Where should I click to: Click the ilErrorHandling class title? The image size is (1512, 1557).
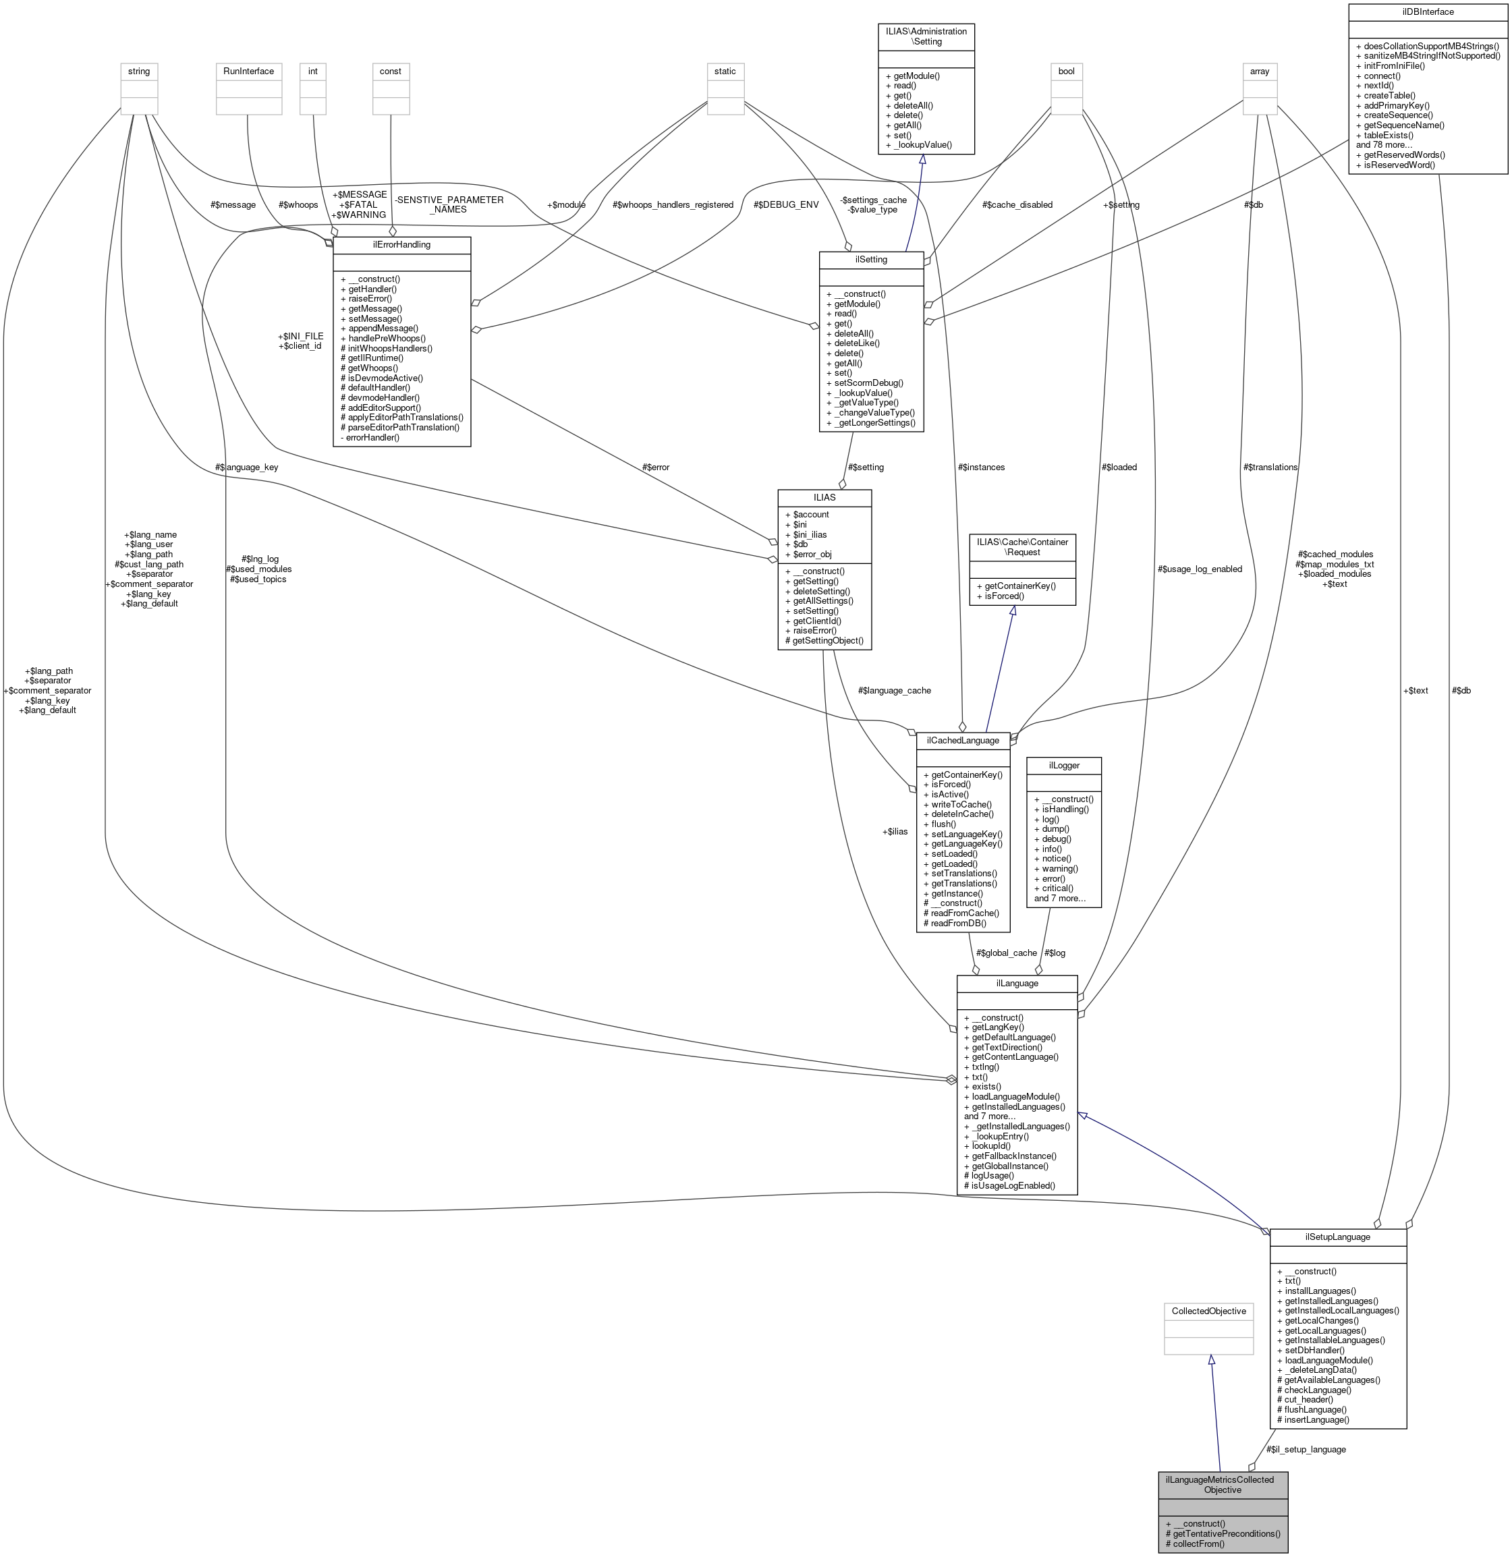pyautogui.click(x=401, y=245)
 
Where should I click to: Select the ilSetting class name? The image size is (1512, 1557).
pyautogui.click(x=871, y=260)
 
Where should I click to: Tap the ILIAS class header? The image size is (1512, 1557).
pyautogui.click(x=824, y=497)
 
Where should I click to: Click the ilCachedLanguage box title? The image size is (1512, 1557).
pyautogui.click(x=962, y=740)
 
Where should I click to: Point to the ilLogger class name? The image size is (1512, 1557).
pyautogui.click(x=1063, y=765)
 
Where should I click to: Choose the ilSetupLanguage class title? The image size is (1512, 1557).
pyautogui.click(x=1337, y=1237)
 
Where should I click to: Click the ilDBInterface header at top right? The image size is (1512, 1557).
pyautogui.click(x=1427, y=12)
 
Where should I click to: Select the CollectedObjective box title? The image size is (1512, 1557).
pyautogui.click(x=1208, y=1311)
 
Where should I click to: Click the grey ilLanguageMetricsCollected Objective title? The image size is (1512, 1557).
pyautogui.click(x=1222, y=1485)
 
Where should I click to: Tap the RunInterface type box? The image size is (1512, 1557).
pyautogui.click(x=248, y=72)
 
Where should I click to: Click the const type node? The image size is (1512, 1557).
pyautogui.click(x=390, y=72)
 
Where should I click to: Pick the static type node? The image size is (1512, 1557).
pyautogui.click(x=725, y=72)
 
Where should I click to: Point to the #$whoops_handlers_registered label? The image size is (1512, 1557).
pyautogui.click(x=672, y=205)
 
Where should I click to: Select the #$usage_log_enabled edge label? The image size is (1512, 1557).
pyautogui.click(x=1199, y=569)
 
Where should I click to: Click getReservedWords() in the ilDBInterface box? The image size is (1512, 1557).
pyautogui.click(x=1404, y=155)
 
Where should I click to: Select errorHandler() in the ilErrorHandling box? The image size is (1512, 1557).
pyautogui.click(x=370, y=438)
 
